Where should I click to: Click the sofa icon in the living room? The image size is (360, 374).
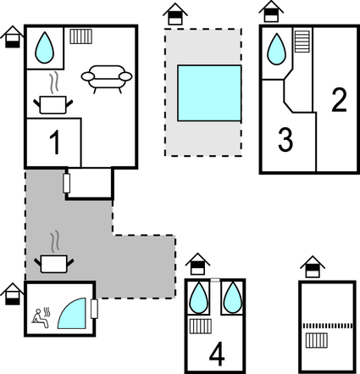tap(107, 79)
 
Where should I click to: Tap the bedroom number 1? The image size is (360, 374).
tap(55, 142)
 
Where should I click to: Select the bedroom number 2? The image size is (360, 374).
tap(339, 101)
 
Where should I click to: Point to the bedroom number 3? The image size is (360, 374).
tap(285, 140)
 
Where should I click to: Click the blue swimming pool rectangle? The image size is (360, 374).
tap(209, 93)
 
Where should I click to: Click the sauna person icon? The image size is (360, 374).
tap(41, 318)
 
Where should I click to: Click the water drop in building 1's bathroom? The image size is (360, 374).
tap(44, 47)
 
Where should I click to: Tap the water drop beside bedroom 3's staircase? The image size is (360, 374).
tap(276, 49)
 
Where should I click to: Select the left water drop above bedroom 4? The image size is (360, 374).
tap(199, 298)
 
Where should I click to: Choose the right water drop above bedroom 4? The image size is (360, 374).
tap(233, 298)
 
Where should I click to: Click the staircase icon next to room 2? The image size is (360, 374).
tap(302, 42)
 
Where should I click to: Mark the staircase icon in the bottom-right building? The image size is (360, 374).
tap(317, 341)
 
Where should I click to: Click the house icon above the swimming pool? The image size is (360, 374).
tap(175, 14)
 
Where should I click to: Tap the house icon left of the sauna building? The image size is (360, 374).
tap(12, 293)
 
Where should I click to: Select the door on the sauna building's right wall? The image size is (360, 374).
tap(94, 309)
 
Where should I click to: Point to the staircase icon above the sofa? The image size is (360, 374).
tap(80, 36)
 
